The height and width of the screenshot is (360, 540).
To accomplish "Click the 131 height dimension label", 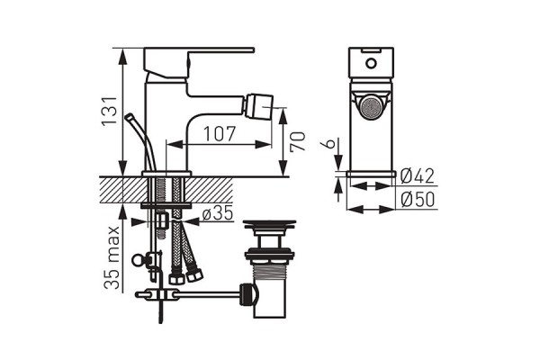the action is (110, 111).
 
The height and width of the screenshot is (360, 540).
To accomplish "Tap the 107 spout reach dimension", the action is (220, 134).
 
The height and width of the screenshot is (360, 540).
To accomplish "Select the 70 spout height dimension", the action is (298, 141).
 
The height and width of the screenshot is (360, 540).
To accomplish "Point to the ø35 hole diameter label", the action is (218, 214).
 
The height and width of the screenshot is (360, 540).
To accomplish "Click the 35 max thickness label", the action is (112, 257).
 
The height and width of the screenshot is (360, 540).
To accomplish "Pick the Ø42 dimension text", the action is (418, 176).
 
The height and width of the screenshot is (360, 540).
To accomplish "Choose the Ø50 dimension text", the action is (418, 200).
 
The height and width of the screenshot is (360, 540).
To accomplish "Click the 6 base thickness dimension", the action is (330, 142).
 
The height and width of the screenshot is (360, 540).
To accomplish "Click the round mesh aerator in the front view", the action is (371, 107).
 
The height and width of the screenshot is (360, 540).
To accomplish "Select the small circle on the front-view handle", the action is (371, 64).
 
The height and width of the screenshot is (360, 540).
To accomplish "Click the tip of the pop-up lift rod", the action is (129, 115).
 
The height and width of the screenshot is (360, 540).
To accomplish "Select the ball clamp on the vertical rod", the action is (137, 260).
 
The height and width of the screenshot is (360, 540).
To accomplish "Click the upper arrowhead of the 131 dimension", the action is (122, 55).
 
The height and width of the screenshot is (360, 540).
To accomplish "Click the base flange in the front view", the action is (371, 174).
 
